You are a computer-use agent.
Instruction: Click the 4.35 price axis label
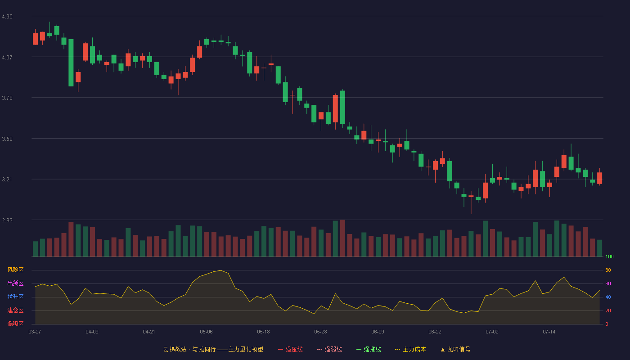pyautogui.click(x=7, y=17)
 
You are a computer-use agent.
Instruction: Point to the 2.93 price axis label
pyautogui.click(x=7, y=220)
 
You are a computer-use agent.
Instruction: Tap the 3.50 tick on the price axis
pyautogui.click(x=7, y=139)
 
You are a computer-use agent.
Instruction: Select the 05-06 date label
pyautogui.click(x=206, y=332)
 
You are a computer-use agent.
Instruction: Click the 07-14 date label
pyautogui.click(x=549, y=332)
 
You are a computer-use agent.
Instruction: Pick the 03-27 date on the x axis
pyautogui.click(x=35, y=332)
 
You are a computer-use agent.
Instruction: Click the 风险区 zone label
pyautogui.click(x=15, y=270)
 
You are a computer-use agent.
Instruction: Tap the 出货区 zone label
pyautogui.click(x=15, y=283)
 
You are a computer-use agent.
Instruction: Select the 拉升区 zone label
pyautogui.click(x=15, y=297)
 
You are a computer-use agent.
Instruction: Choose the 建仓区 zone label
pyautogui.click(x=15, y=310)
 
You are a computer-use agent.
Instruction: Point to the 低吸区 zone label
pyautogui.click(x=15, y=324)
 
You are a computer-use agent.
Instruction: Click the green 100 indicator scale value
pyautogui.click(x=609, y=256)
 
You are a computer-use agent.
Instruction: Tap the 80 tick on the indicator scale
pyautogui.click(x=608, y=270)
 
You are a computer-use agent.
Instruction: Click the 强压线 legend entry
pyautogui.click(x=290, y=349)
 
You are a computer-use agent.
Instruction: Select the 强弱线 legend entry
pyautogui.click(x=329, y=349)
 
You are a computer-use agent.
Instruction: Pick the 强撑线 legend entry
pyautogui.click(x=369, y=349)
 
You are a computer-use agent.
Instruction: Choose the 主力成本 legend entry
pyautogui.click(x=410, y=349)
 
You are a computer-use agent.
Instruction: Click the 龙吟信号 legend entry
pyautogui.click(x=455, y=349)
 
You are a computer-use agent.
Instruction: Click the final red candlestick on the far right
pyautogui.click(x=599, y=178)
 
